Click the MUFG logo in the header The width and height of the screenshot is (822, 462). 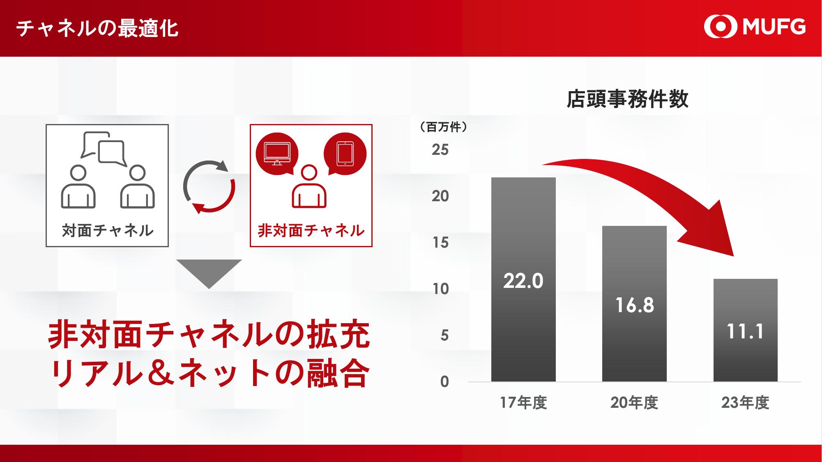tap(755, 27)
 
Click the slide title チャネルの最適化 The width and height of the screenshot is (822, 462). tap(97, 29)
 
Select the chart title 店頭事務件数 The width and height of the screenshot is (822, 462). tap(627, 99)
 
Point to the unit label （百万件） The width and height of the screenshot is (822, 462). tap(444, 127)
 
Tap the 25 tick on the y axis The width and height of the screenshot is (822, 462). tap(440, 150)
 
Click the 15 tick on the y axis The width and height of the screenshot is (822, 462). tap(440, 243)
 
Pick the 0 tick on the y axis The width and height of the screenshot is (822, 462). tap(444, 382)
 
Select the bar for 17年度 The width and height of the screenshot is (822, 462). tap(523, 280)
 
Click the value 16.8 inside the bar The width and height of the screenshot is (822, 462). tap(634, 305)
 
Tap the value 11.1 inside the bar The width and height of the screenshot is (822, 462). tap(745, 331)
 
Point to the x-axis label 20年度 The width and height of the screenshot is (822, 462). tap(634, 403)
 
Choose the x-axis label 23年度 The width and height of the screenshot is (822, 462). tap(745, 403)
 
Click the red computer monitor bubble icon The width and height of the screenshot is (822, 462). tap(277, 154)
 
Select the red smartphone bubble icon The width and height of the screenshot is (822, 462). tap(345, 154)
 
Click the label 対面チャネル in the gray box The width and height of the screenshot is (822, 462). tap(108, 231)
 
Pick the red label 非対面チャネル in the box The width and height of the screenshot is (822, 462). tap(311, 231)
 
